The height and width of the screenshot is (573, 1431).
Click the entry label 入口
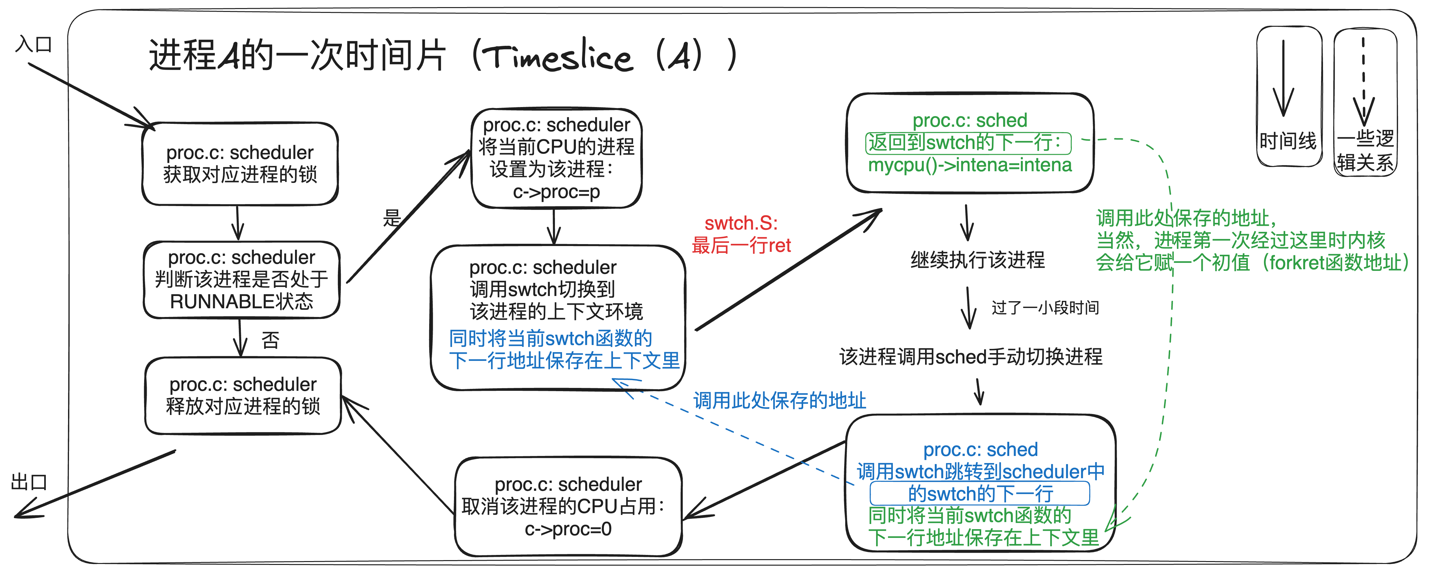coord(33,44)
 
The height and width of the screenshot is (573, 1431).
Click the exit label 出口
coord(29,481)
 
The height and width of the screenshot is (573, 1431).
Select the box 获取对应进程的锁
coord(240,164)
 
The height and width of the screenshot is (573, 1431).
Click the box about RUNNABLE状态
coord(241,280)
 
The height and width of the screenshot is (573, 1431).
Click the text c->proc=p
coord(556,192)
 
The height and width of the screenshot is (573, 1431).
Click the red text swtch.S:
coord(741,223)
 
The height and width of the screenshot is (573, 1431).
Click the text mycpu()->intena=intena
coord(969,165)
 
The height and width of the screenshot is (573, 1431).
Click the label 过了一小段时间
coord(1045,307)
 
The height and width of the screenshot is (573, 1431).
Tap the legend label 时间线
coord(1288,141)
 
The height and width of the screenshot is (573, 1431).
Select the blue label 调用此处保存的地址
coord(779,400)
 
